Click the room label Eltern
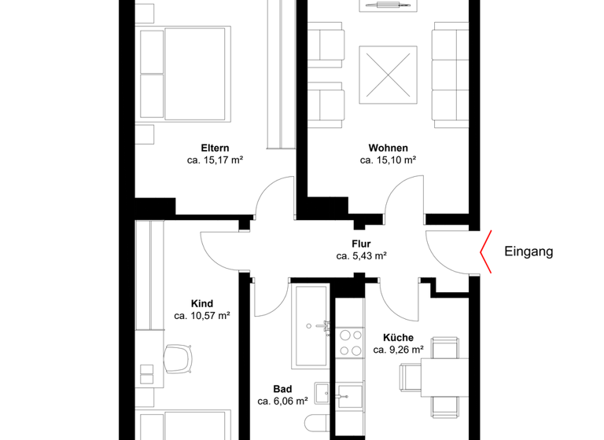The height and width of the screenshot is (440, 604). [x=215, y=148]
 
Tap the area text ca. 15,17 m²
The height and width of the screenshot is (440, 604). [x=215, y=160]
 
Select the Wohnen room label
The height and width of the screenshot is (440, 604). [x=388, y=148]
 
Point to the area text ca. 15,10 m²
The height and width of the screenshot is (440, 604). [x=388, y=160]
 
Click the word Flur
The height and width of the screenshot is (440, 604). [x=361, y=244]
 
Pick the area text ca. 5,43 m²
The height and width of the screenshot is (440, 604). [x=361, y=256]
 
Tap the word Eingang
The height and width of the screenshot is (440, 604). [x=528, y=252]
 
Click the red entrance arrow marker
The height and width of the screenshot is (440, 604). [x=487, y=252]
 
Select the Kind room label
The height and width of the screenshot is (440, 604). [x=202, y=303]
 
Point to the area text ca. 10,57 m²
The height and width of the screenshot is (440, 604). [x=202, y=316]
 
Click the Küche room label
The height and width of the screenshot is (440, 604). [x=399, y=337]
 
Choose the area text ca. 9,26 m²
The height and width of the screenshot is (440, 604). [x=399, y=350]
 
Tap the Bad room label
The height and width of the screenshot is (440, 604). [x=283, y=388]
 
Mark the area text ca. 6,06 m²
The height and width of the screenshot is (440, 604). [x=283, y=401]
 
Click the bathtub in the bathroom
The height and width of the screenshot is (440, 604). [x=312, y=327]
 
